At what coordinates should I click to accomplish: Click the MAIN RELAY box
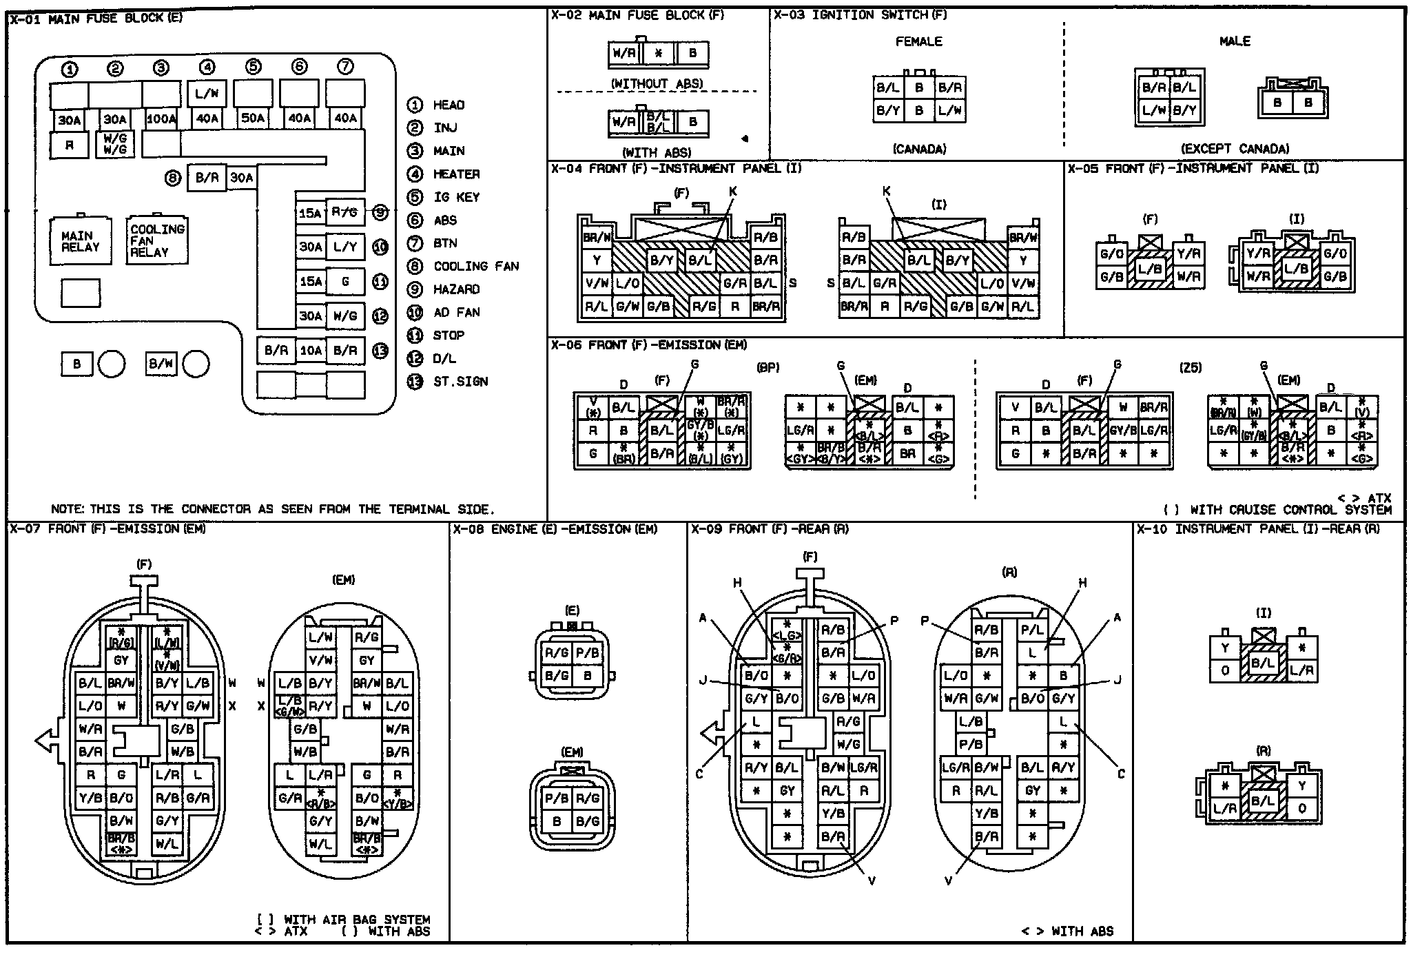click(81, 241)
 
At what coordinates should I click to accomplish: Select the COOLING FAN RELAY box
click(157, 240)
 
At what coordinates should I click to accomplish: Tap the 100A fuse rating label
click(161, 118)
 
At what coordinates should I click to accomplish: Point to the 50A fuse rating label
click(253, 118)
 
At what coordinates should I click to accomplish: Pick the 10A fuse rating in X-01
click(310, 351)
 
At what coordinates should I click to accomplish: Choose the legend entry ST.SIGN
click(460, 382)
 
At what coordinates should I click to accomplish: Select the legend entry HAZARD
click(456, 289)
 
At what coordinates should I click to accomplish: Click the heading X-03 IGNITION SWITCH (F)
click(860, 15)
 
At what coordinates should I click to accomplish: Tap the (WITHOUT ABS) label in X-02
click(657, 83)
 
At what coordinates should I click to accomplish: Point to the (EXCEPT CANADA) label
click(1235, 149)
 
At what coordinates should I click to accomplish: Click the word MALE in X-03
click(1235, 41)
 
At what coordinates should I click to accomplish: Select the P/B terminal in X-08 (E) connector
click(587, 653)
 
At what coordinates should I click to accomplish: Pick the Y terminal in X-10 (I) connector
click(1225, 648)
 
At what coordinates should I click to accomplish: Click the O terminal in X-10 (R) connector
click(1301, 809)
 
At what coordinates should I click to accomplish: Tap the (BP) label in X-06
click(768, 368)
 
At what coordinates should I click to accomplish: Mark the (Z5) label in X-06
click(1190, 368)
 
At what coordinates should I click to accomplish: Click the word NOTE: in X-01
click(68, 509)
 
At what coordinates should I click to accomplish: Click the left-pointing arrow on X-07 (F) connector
click(45, 741)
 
